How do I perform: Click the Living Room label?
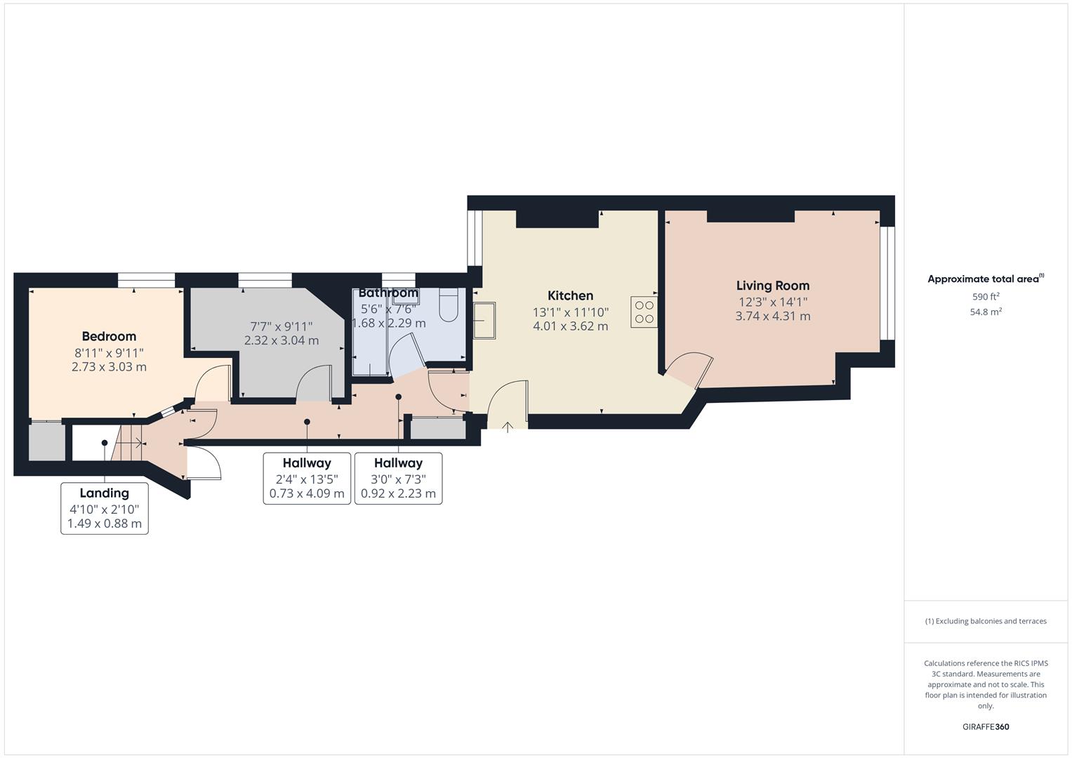(772, 286)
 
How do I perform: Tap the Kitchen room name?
(570, 295)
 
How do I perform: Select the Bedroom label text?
(109, 336)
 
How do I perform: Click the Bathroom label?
(388, 293)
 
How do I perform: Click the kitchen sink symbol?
(484, 320)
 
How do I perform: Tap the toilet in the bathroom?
(448, 305)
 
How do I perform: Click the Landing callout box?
(105, 508)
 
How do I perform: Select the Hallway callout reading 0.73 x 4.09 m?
(307, 479)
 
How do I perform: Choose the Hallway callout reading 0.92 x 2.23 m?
(398, 479)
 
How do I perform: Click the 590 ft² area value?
(986, 297)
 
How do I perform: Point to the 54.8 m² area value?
(986, 312)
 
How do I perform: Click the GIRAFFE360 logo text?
(986, 727)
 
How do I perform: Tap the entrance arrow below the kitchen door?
(508, 425)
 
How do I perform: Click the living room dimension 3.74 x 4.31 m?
(772, 317)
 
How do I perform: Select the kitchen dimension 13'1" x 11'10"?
(570, 312)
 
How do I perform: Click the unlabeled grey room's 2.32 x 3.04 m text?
(281, 340)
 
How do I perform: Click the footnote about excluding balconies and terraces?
(986, 621)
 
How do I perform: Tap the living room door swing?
(691, 368)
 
